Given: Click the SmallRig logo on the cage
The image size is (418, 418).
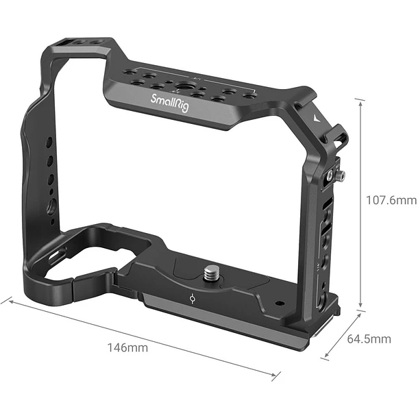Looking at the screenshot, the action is [170, 103].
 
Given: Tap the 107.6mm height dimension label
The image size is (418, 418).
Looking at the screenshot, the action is [391, 200].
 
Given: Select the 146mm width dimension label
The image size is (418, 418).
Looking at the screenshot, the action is [127, 347].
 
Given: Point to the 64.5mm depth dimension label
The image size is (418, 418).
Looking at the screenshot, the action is [369, 339].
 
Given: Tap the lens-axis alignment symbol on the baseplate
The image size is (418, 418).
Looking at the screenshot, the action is [192, 298].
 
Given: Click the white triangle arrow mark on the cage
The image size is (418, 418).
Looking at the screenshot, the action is [317, 118].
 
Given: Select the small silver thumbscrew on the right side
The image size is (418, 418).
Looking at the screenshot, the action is [341, 175].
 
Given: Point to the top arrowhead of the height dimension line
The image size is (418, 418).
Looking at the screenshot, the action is [360, 103].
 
